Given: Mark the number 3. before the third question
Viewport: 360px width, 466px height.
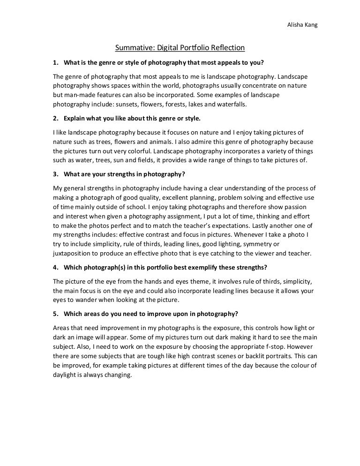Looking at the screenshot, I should coord(54,175).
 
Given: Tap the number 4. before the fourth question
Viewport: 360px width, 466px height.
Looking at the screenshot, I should coord(54,269).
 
